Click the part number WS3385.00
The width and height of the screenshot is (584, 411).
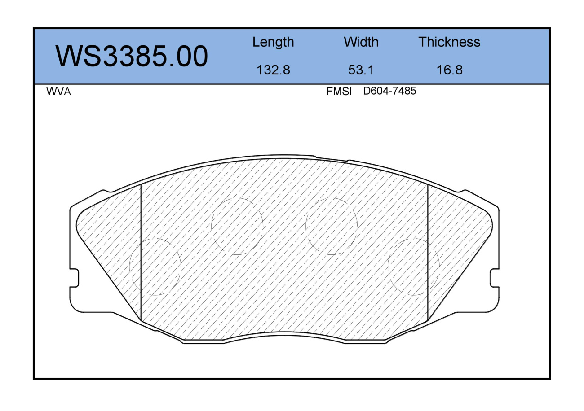click(x=132, y=56)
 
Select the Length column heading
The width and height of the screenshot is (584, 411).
click(x=273, y=42)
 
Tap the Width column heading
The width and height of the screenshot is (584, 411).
click(x=361, y=42)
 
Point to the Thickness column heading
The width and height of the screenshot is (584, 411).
click(x=449, y=42)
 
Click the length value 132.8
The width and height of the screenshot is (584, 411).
click(x=273, y=70)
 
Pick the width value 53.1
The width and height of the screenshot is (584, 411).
click(x=361, y=70)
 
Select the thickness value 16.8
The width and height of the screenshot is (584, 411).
click(x=450, y=70)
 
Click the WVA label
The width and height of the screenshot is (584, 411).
click(x=59, y=92)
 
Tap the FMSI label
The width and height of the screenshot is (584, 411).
click(x=339, y=92)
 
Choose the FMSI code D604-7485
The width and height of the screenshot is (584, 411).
click(x=389, y=91)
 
